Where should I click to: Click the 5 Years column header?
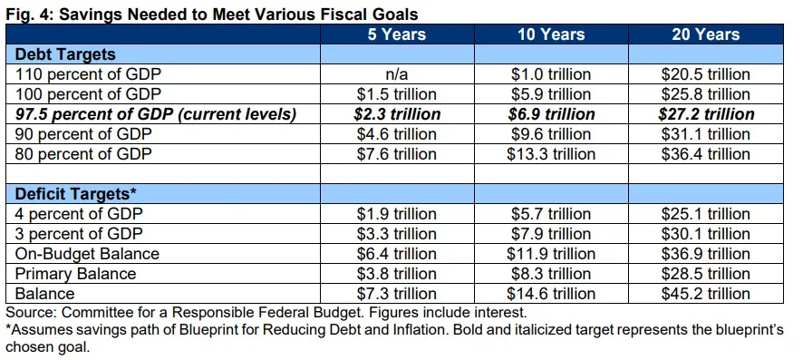click(x=395, y=35)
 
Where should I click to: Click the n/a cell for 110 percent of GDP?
click(x=395, y=75)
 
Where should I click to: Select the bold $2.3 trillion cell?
click(x=395, y=114)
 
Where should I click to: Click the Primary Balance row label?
click(x=71, y=273)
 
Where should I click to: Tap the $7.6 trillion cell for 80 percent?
click(x=395, y=153)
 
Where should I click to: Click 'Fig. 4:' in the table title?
click(x=28, y=12)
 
